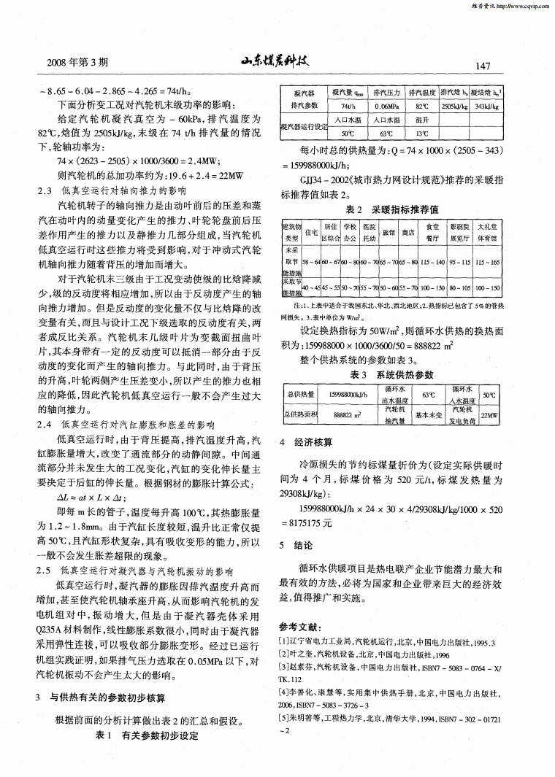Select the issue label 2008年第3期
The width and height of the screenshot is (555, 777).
pyautogui.click(x=77, y=63)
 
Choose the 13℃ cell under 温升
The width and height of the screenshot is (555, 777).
pyautogui.click(x=421, y=134)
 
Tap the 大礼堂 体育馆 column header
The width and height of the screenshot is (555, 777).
pyautogui.click(x=486, y=232)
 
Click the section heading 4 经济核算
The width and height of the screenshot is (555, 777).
pyautogui.click(x=306, y=442)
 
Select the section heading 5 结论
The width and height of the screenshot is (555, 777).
pyautogui.click(x=297, y=545)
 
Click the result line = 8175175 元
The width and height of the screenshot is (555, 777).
pyautogui.click(x=306, y=522)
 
